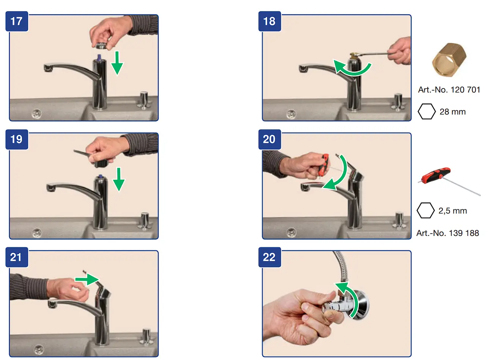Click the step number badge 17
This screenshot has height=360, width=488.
pos(17,21)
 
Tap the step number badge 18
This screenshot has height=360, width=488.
pos(269,21)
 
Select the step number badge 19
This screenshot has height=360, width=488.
pos(17,139)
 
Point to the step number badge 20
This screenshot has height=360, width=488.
pos(269,139)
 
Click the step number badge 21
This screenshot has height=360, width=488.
pos(17,257)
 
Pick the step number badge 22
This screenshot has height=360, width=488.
pos(269,257)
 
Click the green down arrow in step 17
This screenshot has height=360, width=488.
pos(117,63)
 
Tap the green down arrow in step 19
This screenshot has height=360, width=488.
pos(119,179)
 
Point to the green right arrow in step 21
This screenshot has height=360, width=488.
pos(87,280)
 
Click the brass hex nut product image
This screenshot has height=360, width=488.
pos(449,60)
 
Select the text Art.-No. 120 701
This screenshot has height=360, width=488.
pos(449,90)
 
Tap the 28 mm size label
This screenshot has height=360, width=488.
pos(452,112)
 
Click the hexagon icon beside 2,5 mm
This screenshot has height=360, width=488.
pos(425,211)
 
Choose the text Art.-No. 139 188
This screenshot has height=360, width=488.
pos(447,233)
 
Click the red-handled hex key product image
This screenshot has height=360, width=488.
pos(449,181)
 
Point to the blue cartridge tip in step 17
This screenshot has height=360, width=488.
pos(99,57)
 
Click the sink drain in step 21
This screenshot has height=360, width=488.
pos(39,349)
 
